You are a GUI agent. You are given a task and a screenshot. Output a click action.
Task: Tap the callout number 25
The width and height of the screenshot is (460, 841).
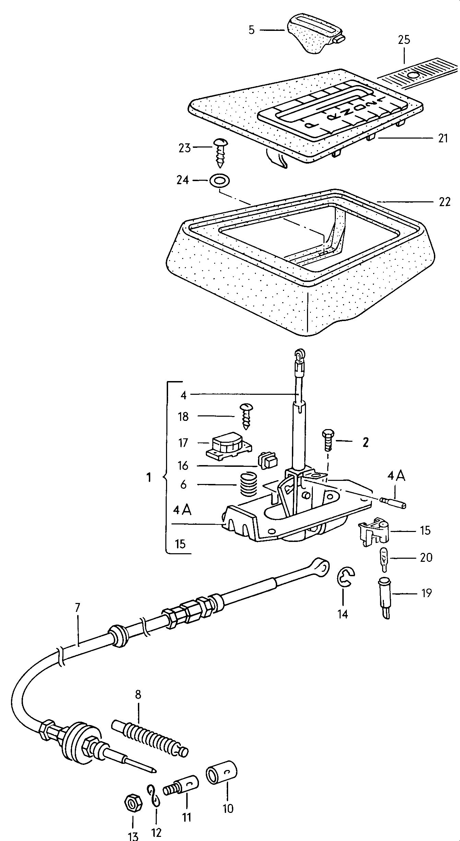pyautogui.click(x=404, y=40)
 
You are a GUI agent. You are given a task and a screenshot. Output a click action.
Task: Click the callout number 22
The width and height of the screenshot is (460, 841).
pyautogui.click(x=444, y=202)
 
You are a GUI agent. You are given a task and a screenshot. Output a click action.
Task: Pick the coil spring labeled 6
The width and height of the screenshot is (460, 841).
pyautogui.click(x=248, y=484)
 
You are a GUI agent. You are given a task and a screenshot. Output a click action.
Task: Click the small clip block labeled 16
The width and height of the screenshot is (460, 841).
pyautogui.click(x=268, y=460)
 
